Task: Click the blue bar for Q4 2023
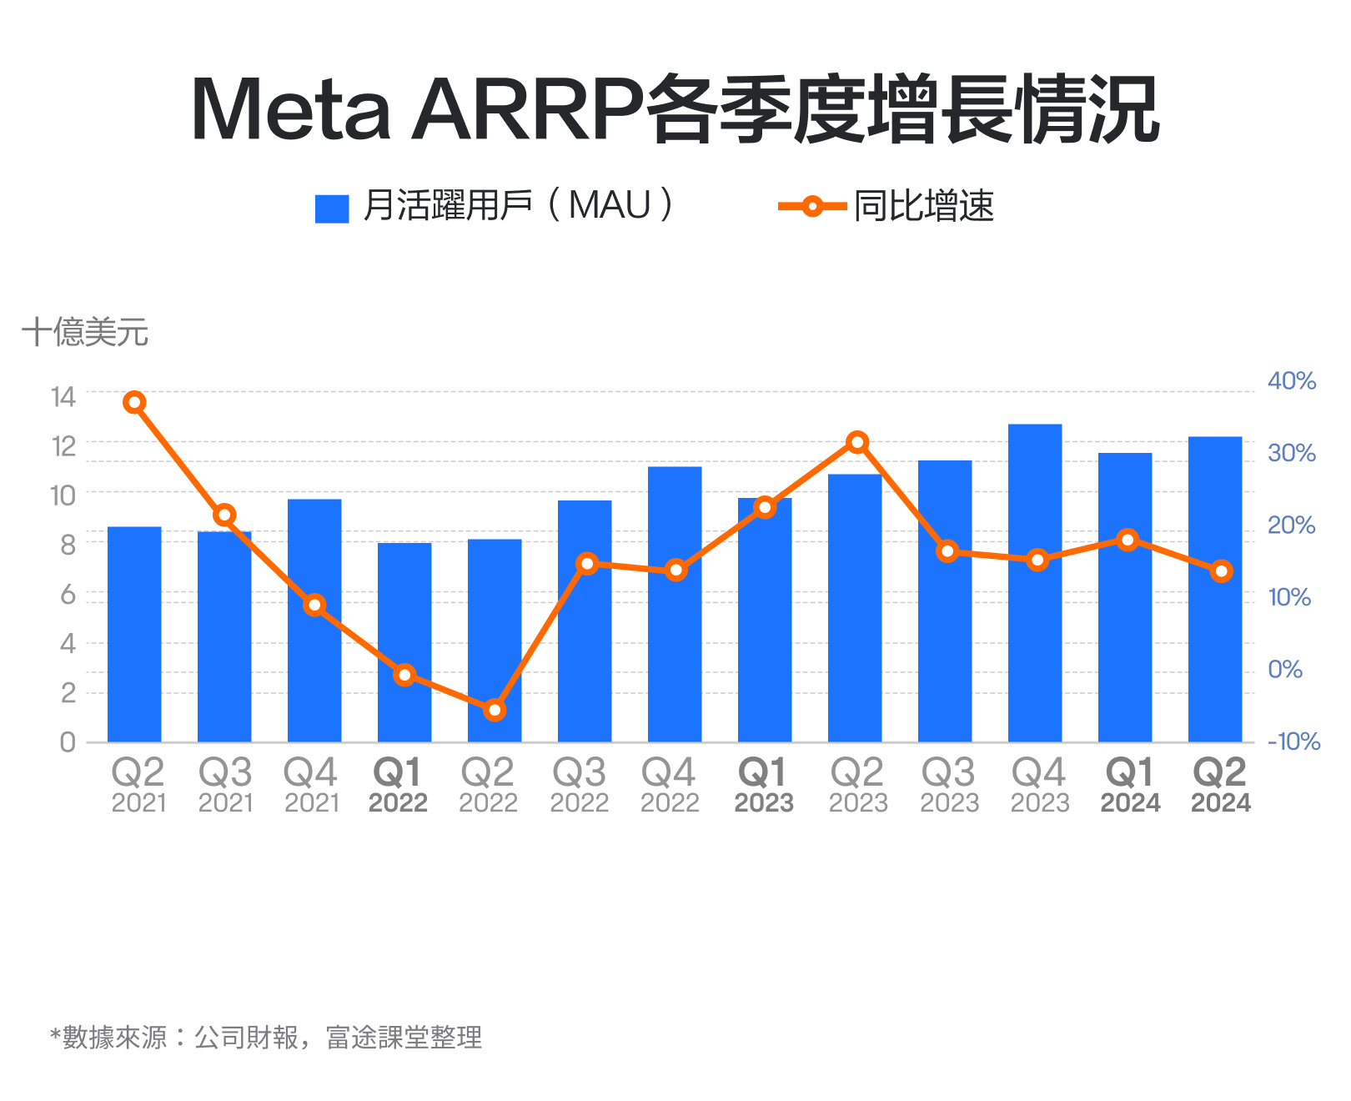pos(1035,584)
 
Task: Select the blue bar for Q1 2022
pos(404,642)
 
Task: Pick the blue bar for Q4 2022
pos(675,605)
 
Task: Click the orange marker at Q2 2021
pos(134,403)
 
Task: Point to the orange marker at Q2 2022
pos(495,711)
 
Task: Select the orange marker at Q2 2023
pos(857,443)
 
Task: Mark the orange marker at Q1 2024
pos(1128,540)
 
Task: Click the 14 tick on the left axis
pos(63,397)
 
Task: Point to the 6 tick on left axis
pos(68,595)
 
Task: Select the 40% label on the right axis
pos(1291,381)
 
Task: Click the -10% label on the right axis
pos(1293,742)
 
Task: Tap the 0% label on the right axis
pos(1285,670)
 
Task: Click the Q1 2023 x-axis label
pos(764,785)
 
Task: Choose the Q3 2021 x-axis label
pos(225,785)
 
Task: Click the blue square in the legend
pos(332,209)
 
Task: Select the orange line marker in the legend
pos(812,206)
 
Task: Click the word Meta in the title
pos(291,110)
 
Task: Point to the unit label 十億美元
pos(85,333)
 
